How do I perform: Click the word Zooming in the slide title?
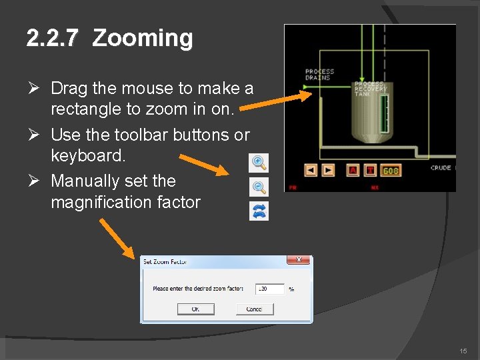coord(143,39)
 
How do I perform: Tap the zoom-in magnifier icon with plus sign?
coord(258,162)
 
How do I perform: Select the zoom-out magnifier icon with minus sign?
coord(259,187)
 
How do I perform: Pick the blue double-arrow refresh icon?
coord(259,211)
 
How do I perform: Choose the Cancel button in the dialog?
coord(254,309)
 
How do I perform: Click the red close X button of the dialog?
coord(298,260)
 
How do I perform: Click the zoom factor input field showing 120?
coord(270,289)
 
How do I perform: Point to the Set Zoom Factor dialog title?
coord(165,262)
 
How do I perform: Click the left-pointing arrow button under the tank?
coord(311,170)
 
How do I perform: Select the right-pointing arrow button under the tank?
coord(328,170)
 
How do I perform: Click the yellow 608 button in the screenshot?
coord(391,171)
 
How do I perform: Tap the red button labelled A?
coord(353,170)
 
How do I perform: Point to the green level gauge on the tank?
coord(383,113)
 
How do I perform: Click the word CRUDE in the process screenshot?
coord(441,168)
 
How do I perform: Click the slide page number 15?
coord(463,351)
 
